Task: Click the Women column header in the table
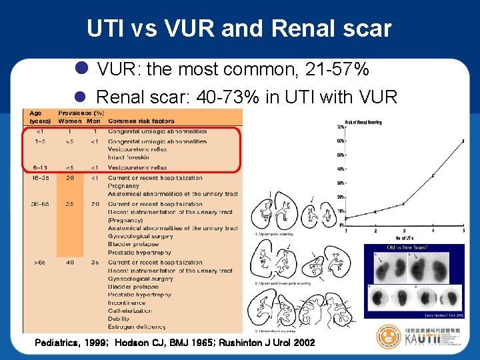point(71,121)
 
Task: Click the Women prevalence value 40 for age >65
point(71,263)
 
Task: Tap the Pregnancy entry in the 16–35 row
point(124,186)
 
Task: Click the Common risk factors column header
point(141,121)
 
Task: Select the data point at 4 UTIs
point(433,176)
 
